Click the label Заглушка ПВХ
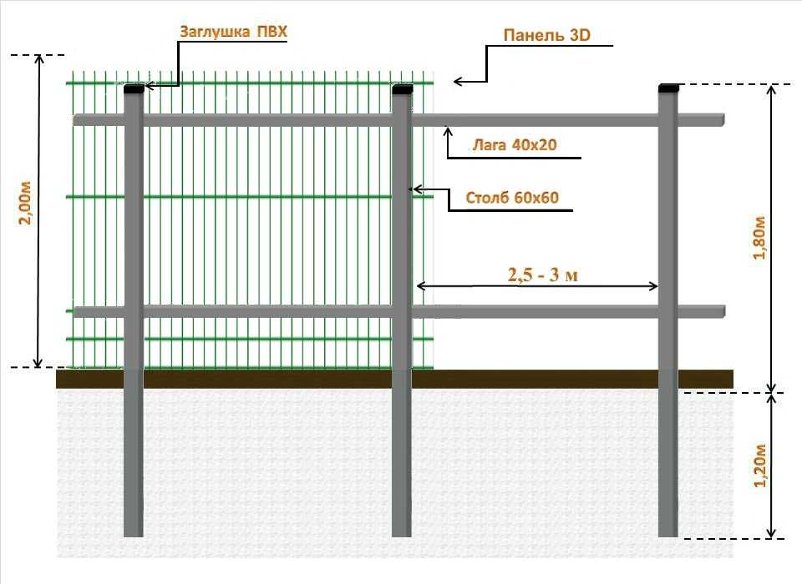(x=233, y=31)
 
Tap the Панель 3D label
(x=546, y=35)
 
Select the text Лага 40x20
(x=515, y=144)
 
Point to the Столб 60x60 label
(x=512, y=197)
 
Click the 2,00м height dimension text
(x=25, y=203)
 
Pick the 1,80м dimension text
(x=759, y=238)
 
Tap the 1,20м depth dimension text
(x=760, y=466)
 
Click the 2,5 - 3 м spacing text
(x=543, y=274)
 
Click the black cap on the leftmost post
(x=134, y=89)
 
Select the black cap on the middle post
(x=402, y=89)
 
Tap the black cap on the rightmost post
(x=668, y=88)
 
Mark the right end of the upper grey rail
(x=723, y=120)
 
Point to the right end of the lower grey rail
(x=724, y=312)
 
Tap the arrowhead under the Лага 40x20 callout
(x=449, y=131)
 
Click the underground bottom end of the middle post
(x=402, y=536)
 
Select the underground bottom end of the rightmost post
(x=668, y=536)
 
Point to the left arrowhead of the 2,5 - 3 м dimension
(x=420, y=286)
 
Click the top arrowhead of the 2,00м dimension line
(x=38, y=58)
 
